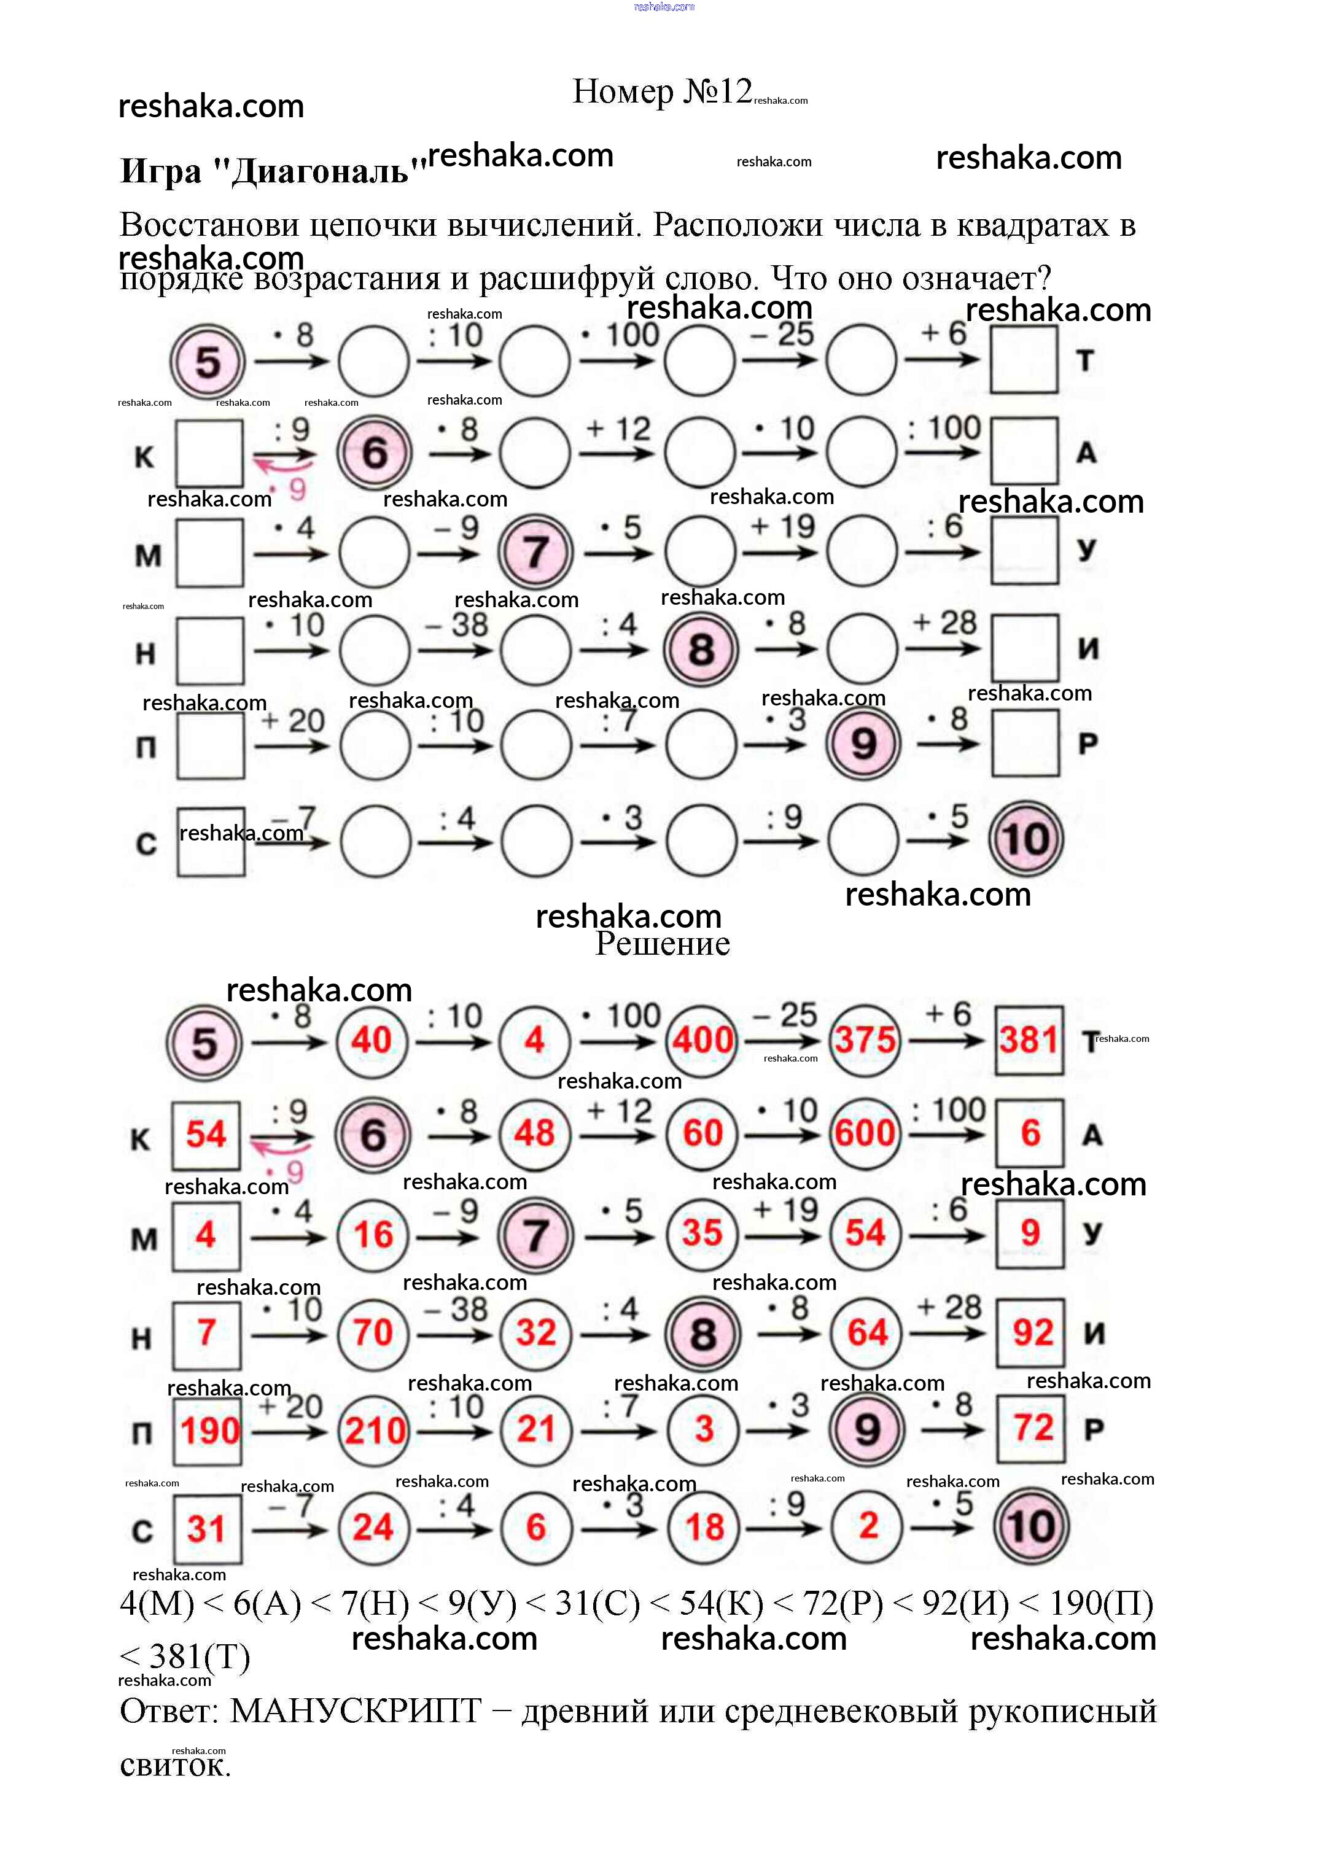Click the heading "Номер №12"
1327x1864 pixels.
(661, 91)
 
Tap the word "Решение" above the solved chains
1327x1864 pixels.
(662, 944)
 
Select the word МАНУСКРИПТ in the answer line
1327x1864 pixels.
(356, 1711)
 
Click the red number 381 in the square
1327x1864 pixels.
(1029, 1040)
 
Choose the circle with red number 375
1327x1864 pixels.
(865, 1041)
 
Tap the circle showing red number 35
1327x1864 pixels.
(702, 1233)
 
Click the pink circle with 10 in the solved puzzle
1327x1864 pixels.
(1030, 1526)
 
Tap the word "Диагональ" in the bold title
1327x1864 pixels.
(321, 171)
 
